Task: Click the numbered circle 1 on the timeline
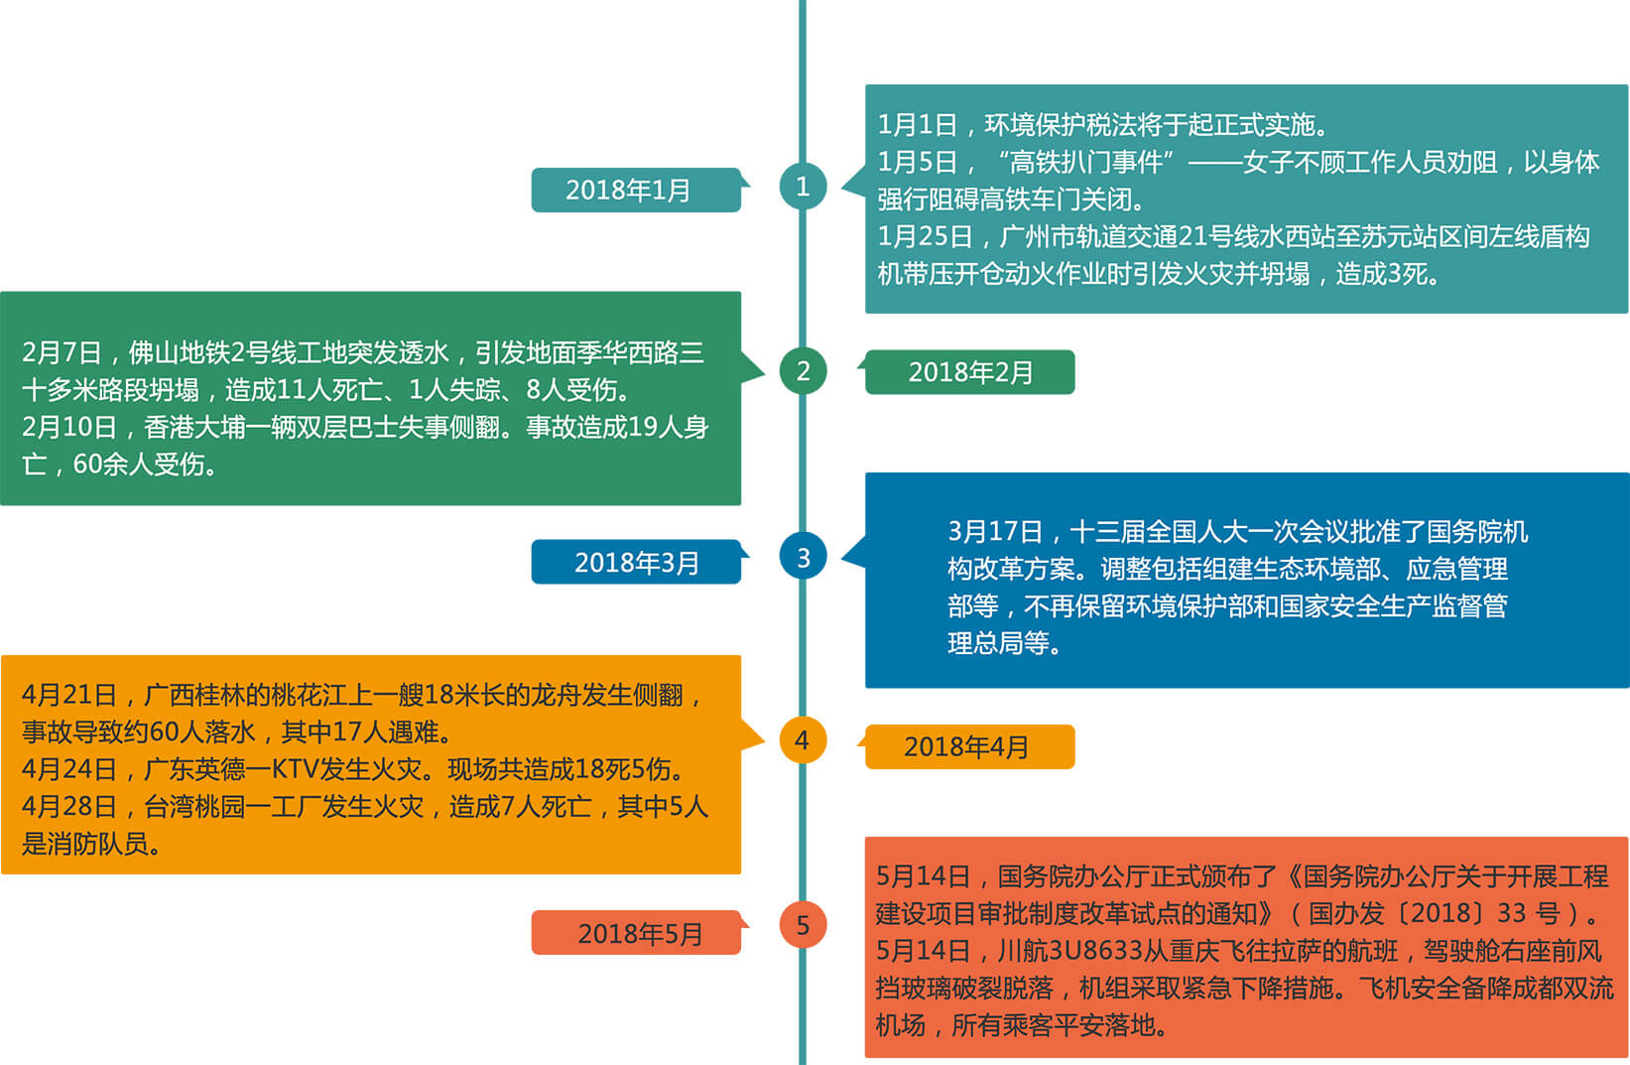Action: point(803,187)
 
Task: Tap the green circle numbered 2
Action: point(803,371)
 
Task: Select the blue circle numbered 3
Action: point(803,557)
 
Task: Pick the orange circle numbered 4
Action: point(803,740)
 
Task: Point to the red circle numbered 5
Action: point(803,925)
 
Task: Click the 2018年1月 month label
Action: point(627,191)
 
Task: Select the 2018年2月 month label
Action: point(970,373)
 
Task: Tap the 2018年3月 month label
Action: point(636,563)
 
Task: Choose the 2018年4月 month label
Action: point(965,746)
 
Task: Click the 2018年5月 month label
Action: point(640,934)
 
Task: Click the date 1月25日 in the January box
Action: point(925,236)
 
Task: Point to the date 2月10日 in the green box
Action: point(68,428)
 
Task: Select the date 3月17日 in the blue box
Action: point(995,531)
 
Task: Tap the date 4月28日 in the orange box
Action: point(68,807)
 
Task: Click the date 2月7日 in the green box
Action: point(62,353)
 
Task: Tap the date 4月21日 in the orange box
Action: point(68,695)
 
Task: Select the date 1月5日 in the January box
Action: point(917,163)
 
